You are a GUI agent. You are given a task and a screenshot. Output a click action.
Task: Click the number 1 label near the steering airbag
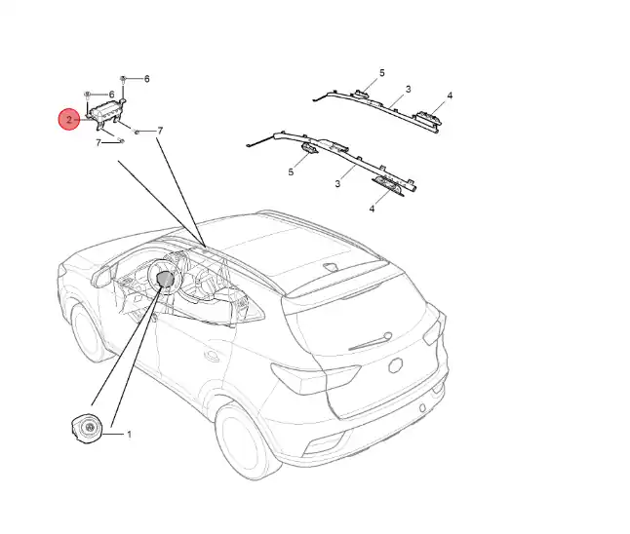(x=129, y=433)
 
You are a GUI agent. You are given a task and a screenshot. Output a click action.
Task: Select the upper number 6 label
(x=146, y=78)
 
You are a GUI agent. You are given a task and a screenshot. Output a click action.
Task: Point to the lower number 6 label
(x=112, y=95)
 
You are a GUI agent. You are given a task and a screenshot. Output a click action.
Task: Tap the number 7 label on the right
(x=159, y=130)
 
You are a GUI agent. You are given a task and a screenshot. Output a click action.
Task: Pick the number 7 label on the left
(x=98, y=143)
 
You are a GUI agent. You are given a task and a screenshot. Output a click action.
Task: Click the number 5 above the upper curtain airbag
(x=382, y=73)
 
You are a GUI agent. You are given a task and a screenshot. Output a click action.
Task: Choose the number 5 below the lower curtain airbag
(x=291, y=172)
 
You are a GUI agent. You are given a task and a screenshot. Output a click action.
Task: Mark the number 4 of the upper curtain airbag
(x=450, y=95)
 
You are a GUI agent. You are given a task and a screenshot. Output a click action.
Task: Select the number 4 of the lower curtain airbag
(x=372, y=209)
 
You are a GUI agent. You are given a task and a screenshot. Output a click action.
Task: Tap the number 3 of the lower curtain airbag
(x=336, y=183)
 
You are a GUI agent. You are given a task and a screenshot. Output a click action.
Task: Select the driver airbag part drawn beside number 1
(x=86, y=428)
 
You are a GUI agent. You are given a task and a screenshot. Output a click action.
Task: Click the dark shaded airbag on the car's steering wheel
(x=166, y=280)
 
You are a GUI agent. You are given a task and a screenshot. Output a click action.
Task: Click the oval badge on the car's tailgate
(x=396, y=364)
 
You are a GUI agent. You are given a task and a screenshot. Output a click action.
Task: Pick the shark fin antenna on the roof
(x=332, y=266)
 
